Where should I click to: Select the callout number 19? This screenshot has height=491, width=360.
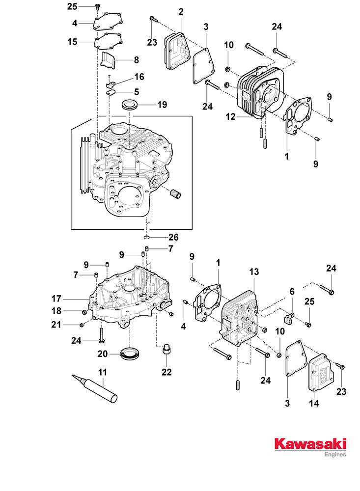(x=162, y=105)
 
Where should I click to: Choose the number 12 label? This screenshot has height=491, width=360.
(x=230, y=117)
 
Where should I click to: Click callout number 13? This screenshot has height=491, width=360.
(x=253, y=271)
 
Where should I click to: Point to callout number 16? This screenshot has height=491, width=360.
(x=139, y=77)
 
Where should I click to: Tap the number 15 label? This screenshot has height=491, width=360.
(x=73, y=42)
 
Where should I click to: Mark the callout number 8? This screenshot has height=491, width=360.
(x=136, y=60)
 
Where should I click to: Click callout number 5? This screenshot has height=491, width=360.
(x=136, y=91)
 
